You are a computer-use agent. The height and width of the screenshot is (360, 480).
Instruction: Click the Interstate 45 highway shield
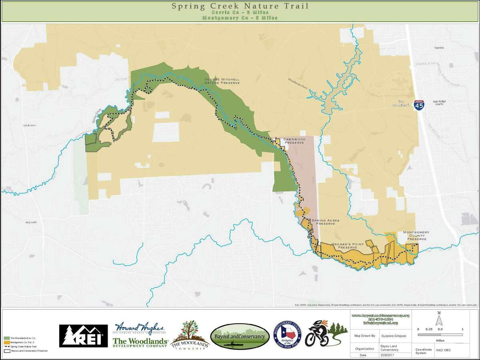(419, 105)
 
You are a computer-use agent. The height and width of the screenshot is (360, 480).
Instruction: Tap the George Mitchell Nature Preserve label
(222, 81)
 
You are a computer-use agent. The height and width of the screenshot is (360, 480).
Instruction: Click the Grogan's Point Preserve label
(345, 245)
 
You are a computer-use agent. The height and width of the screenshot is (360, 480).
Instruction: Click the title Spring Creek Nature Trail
(240, 6)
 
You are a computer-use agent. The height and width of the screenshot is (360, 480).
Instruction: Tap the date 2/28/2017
(389, 355)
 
